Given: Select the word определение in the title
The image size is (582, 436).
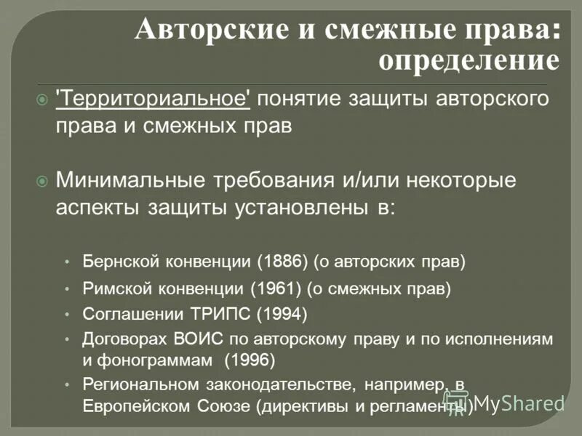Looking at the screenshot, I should point(469,61).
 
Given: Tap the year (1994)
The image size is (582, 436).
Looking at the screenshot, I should point(282,314).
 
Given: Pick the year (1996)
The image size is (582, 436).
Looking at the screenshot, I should point(250,359).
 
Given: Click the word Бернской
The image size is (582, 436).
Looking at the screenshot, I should point(116,259).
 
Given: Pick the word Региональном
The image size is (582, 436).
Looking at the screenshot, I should point(140,384).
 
